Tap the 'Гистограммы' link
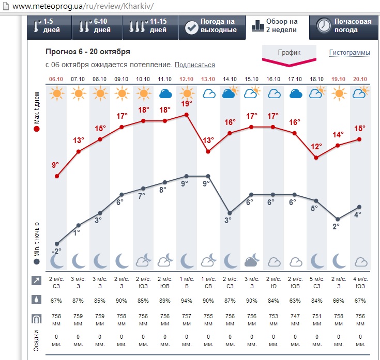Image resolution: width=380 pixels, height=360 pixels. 349,53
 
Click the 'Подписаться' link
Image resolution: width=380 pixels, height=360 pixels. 194,65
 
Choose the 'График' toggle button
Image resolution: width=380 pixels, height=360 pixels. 289,53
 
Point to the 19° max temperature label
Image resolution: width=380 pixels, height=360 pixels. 186,103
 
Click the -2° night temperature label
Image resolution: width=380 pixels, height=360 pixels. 56,251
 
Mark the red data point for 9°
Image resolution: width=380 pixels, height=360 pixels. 56,176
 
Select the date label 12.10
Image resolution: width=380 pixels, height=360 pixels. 186,79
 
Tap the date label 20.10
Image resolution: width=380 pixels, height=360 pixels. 360,79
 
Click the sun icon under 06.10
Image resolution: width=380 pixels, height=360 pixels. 56,93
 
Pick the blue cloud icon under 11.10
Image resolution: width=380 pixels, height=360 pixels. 165,93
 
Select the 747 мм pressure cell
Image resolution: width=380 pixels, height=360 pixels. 295,319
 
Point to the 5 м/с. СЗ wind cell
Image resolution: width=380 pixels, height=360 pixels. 316,282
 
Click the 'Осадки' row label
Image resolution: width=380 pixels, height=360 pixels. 37,341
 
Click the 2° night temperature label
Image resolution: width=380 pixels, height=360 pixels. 336,226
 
